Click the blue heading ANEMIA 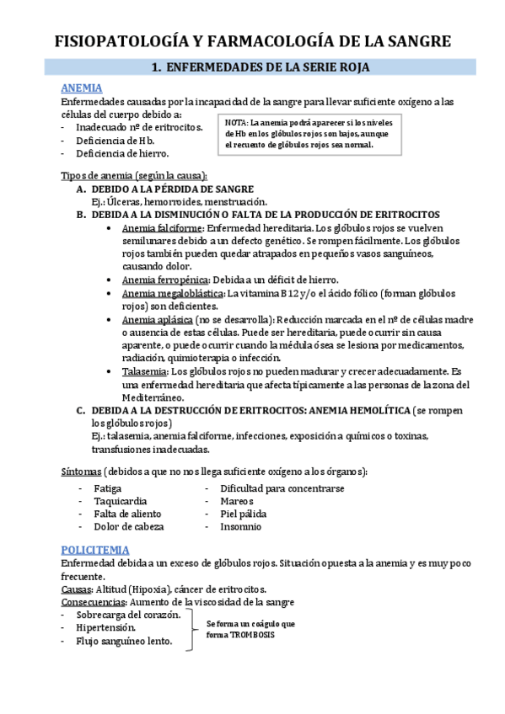tap(82, 88)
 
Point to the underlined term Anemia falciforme tap(162, 228)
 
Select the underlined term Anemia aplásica tap(156, 320)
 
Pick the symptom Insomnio tap(240, 526)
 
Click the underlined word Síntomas tap(82, 470)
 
